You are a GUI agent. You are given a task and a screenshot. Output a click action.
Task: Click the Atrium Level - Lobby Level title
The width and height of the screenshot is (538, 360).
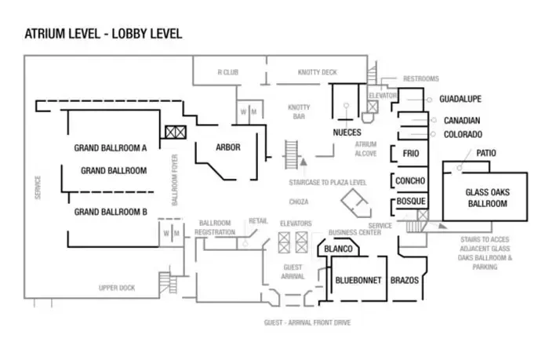pyautogui.click(x=103, y=34)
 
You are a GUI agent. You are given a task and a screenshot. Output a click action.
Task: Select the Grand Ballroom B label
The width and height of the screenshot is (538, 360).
pyautogui.click(x=111, y=212)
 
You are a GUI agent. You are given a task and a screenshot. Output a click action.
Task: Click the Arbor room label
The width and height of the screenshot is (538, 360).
pyautogui.click(x=228, y=147)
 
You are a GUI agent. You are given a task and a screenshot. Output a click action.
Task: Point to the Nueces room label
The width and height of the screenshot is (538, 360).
pyautogui.click(x=347, y=132)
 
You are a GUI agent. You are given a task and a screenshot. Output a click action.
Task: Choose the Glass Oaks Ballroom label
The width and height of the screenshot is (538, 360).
pyautogui.click(x=485, y=198)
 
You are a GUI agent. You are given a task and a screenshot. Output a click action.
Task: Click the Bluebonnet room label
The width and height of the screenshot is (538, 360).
pyautogui.click(x=358, y=280)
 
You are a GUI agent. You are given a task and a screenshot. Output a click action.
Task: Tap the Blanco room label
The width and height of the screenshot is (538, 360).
pyautogui.click(x=338, y=250)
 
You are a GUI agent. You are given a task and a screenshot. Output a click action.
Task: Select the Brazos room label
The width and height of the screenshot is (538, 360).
pyautogui.click(x=405, y=280)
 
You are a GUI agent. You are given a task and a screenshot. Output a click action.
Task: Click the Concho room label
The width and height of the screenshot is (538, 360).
pyautogui.click(x=410, y=181)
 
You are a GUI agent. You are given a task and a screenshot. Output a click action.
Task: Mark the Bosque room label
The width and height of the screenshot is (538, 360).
pyautogui.click(x=410, y=202)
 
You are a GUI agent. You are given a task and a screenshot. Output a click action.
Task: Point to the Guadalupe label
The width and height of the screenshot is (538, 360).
pyautogui.click(x=460, y=100)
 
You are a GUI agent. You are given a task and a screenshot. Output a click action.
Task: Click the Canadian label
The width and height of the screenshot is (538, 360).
pyautogui.click(x=462, y=121)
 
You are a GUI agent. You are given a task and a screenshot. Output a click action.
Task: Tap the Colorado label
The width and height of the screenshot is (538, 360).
pyautogui.click(x=463, y=134)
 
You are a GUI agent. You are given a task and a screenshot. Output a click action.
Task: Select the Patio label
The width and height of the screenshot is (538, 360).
pyautogui.click(x=485, y=154)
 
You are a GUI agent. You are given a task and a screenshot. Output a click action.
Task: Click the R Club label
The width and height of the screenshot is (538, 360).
pyautogui.click(x=228, y=72)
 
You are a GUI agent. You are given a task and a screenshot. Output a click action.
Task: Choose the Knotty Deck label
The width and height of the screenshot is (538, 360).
pyautogui.click(x=317, y=72)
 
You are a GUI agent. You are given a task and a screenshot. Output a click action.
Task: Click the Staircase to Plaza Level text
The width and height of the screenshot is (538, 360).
pyautogui.click(x=328, y=182)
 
